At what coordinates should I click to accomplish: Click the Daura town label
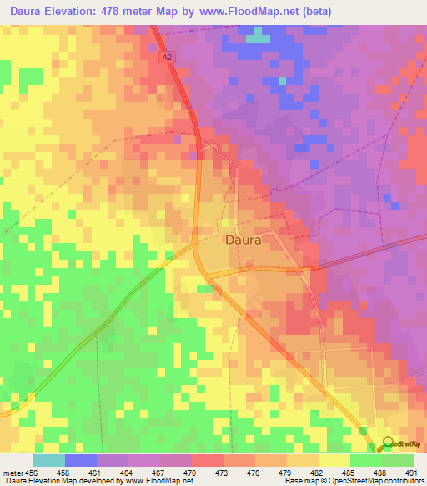coord(244,240)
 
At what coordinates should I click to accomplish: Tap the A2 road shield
coord(168,57)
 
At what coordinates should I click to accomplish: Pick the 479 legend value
coord(284,473)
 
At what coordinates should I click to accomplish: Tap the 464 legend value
coord(127,473)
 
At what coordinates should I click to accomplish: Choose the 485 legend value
coord(348,473)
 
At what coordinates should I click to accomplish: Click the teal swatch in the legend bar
coord(48,460)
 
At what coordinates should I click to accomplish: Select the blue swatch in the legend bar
coord(80,460)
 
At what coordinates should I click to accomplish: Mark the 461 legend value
coord(95,473)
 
